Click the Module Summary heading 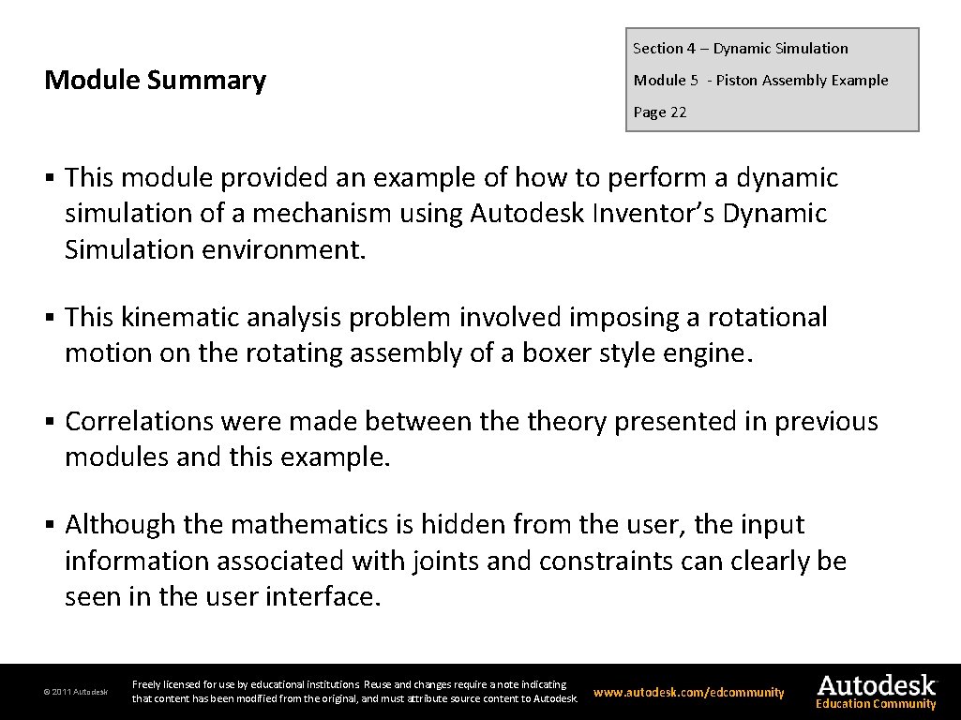click(x=155, y=81)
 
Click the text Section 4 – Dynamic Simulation click(x=740, y=49)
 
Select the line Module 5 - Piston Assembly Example click(x=760, y=81)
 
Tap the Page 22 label click(x=659, y=112)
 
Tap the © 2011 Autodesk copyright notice click(x=76, y=692)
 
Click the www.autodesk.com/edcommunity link click(x=689, y=692)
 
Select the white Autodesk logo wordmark click(x=877, y=684)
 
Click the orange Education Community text click(x=876, y=704)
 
